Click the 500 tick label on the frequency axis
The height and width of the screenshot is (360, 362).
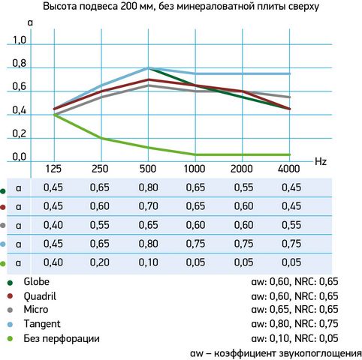pyautogui.click(x=148, y=169)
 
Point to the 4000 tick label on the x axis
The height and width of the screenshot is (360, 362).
pyautogui.click(x=289, y=169)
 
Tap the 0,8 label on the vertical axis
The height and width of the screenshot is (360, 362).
pyautogui.click(x=20, y=64)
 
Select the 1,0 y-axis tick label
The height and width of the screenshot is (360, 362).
pyautogui.click(x=20, y=40)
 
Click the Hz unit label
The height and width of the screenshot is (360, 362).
pyautogui.click(x=321, y=162)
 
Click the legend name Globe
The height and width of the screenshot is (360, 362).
pyautogui.click(x=36, y=282)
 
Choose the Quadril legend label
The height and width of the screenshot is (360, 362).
pyautogui.click(x=40, y=296)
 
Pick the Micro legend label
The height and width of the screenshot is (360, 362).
pyautogui.click(x=35, y=310)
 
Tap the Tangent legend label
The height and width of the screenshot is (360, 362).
pyautogui.click(x=42, y=324)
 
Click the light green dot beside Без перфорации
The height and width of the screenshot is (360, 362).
pyautogui.click(x=10, y=339)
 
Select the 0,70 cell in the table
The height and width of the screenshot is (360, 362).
pyautogui.click(x=149, y=206)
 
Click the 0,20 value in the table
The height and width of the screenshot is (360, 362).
pyautogui.click(x=100, y=262)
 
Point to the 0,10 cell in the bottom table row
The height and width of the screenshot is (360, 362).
pyautogui.click(x=149, y=262)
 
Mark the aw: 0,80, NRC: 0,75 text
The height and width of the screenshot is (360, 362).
pyautogui.click(x=294, y=324)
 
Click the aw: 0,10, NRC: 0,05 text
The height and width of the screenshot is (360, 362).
pyautogui.click(x=294, y=338)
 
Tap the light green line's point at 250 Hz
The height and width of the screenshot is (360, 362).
pyautogui.click(x=101, y=138)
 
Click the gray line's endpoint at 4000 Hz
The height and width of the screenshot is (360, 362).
pyautogui.click(x=290, y=97)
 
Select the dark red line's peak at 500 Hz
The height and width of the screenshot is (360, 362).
pyautogui.click(x=149, y=79)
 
